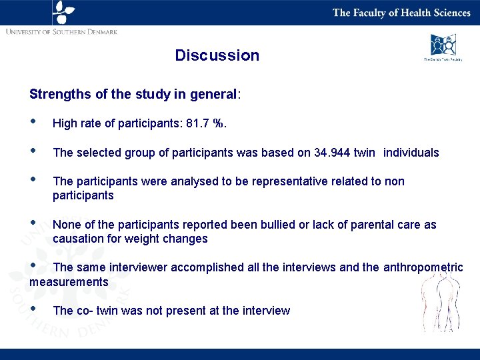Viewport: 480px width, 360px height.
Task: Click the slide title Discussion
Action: pos(217,55)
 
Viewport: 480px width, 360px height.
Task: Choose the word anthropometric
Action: pos(423,267)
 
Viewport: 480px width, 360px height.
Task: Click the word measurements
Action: pos(69,282)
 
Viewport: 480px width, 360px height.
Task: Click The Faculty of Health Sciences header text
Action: pos(401,13)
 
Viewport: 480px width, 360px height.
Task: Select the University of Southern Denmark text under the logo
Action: pos(61,32)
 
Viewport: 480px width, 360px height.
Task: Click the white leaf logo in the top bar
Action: pos(63,12)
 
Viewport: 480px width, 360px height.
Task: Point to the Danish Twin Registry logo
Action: pos(443,47)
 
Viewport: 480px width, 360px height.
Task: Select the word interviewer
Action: pos(137,267)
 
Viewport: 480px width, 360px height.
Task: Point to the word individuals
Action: pos(411,153)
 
